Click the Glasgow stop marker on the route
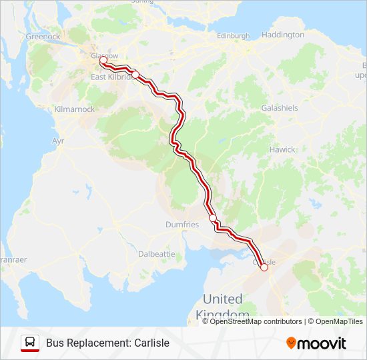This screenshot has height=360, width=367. coord(103,61)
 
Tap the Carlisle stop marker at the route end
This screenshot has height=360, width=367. coord(264,267)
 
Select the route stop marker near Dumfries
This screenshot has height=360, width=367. coord(213,218)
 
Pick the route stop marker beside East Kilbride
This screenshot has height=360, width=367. coord(135,75)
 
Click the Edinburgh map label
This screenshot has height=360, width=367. coord(233,35)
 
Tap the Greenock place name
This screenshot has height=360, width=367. coord(43,37)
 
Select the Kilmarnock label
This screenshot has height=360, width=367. coord(75,109)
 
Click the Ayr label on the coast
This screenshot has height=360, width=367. coord(58,141)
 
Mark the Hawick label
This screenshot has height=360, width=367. coord(282,150)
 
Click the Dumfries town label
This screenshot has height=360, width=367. coord(182,225)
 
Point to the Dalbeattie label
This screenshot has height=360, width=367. coord(156,254)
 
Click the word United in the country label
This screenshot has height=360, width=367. coord(223,299)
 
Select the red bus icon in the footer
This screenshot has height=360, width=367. coord(29,343)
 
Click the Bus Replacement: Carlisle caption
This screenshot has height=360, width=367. coord(107,343)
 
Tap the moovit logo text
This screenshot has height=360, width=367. coord(322,343)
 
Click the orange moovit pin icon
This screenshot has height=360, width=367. coord(291,343)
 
